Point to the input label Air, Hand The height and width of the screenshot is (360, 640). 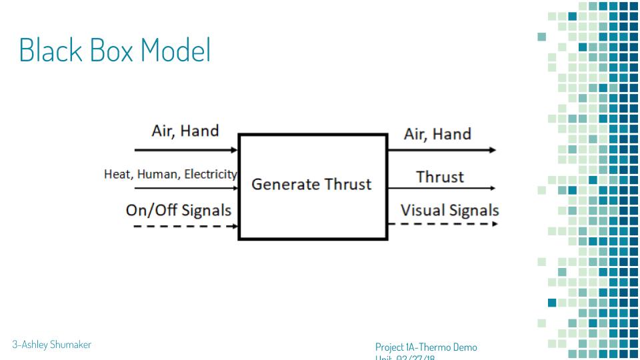pos(185,131)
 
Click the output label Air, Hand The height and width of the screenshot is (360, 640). pos(437,134)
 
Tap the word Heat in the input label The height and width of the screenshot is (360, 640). pos(117,175)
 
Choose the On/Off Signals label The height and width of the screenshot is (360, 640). pos(179,210)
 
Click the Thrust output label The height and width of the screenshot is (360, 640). pos(439,177)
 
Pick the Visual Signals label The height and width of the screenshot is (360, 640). pos(449,210)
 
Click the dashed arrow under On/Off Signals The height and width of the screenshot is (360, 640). pos(180,226)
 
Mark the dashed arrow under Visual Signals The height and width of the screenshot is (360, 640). pos(443,223)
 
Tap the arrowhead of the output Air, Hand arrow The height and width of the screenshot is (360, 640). pos(493,151)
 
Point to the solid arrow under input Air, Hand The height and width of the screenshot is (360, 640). pos(180,150)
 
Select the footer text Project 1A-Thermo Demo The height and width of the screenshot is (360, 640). pos(426,347)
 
